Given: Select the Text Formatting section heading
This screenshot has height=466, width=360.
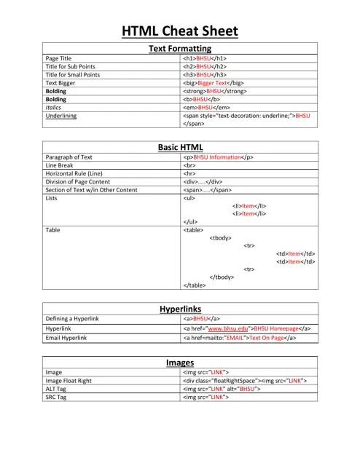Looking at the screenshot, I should (x=180, y=48).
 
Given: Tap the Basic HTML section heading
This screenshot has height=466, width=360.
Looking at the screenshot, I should (x=180, y=147).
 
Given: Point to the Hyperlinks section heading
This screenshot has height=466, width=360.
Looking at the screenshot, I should (x=180, y=309).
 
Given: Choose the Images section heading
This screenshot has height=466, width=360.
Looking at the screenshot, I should (x=180, y=361).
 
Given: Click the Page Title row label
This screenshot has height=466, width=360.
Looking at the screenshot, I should (x=58, y=58).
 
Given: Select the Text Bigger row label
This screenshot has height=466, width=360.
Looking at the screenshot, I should (x=61, y=84).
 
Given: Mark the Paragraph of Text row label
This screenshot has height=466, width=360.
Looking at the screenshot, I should (x=69, y=157).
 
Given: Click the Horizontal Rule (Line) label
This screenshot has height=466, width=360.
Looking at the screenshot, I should (x=74, y=174).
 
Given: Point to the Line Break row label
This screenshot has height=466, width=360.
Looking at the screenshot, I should (x=60, y=165).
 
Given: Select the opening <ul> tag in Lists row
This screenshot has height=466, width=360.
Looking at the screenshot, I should (x=189, y=198).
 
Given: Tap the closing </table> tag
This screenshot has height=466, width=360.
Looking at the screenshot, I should (x=194, y=285).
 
